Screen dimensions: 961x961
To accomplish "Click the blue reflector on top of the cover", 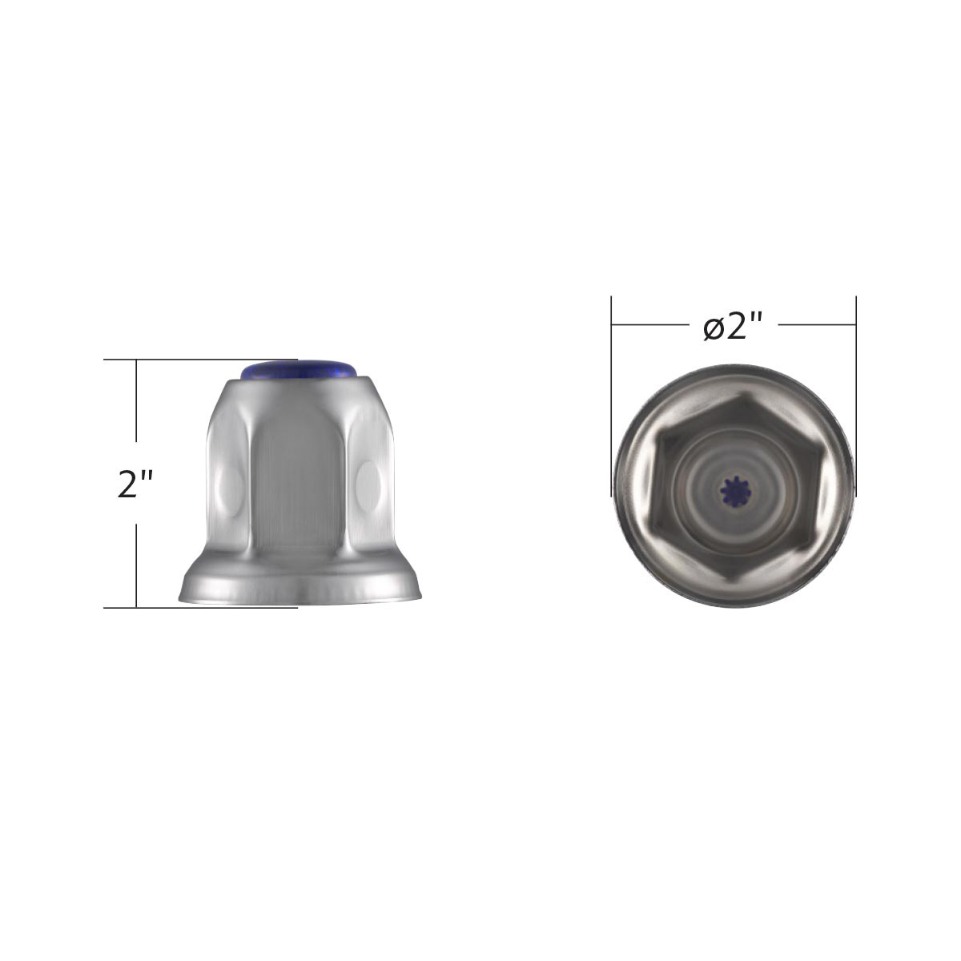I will (x=299, y=369).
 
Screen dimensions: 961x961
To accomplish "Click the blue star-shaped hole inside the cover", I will (x=733, y=490).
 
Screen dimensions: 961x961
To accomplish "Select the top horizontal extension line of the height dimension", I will (x=200, y=360).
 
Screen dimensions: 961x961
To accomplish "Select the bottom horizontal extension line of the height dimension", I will (x=200, y=608).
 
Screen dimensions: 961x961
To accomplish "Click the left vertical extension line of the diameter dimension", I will (x=612, y=384).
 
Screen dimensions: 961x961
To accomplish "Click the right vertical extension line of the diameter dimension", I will (x=856, y=384).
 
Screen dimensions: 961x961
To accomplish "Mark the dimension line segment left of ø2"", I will (x=649, y=325).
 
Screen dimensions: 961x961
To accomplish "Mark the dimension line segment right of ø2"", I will (x=817, y=325).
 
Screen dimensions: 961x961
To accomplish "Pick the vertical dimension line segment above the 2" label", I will (x=137, y=400).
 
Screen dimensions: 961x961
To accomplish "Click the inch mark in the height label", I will (x=147, y=476).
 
